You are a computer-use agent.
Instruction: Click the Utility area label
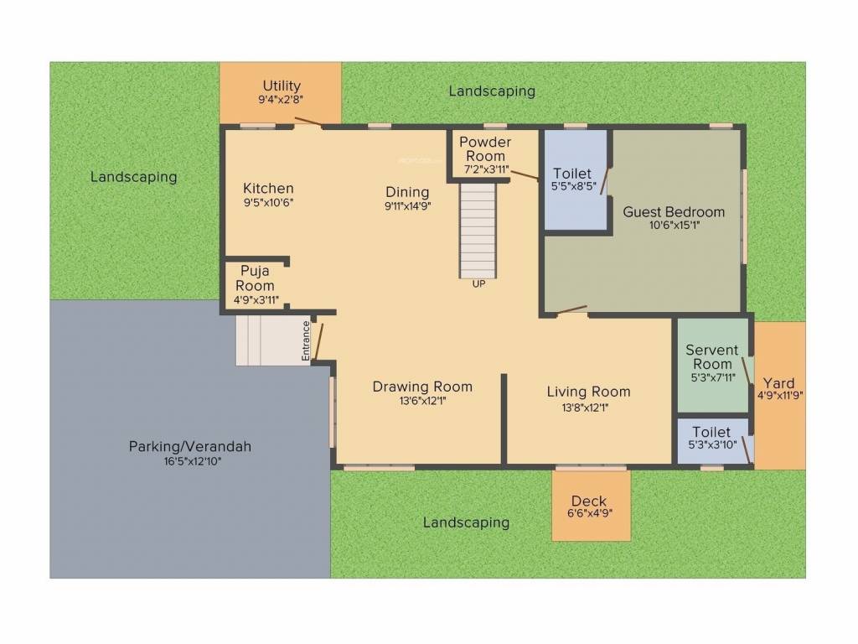click(282, 86)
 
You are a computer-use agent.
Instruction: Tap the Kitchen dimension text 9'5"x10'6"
click(268, 202)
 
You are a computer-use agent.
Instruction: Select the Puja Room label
click(255, 278)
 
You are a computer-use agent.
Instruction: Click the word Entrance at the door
click(307, 341)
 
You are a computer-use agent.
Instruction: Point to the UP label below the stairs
click(478, 283)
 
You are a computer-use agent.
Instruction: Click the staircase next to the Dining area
click(478, 231)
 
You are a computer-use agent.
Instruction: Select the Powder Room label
click(485, 149)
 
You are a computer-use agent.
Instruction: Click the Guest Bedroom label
click(674, 211)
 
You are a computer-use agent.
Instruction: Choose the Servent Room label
click(711, 357)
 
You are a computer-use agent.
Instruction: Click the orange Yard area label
click(779, 384)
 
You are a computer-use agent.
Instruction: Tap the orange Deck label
click(590, 501)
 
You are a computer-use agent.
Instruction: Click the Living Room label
click(588, 392)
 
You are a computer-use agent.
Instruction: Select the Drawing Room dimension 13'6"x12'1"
click(421, 401)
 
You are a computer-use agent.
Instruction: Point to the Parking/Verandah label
click(189, 446)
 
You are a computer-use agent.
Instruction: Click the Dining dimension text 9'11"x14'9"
click(407, 206)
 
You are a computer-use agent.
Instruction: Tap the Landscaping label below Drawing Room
click(466, 522)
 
